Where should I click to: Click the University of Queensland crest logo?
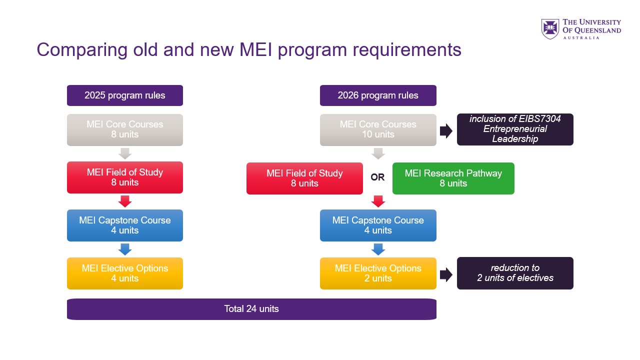550,29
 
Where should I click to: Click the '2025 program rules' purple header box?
125,95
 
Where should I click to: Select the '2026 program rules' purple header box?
378,95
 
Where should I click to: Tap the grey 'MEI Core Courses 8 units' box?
125,129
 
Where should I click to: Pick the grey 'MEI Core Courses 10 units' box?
378,129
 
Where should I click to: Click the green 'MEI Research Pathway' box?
453,178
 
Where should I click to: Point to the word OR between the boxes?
377,177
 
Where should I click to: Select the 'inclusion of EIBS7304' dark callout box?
515,129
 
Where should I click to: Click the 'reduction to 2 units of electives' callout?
515,273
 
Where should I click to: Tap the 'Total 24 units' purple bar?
251,309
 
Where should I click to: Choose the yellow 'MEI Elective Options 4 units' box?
125,273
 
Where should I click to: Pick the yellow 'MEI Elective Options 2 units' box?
378,273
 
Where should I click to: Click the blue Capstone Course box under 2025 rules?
125,225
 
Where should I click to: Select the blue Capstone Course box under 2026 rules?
378,225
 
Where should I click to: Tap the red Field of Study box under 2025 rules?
125,177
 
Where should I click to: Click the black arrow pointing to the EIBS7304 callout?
446,131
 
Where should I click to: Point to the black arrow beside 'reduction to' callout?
446,274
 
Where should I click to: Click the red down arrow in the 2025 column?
125,201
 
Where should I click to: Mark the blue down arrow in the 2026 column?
378,249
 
